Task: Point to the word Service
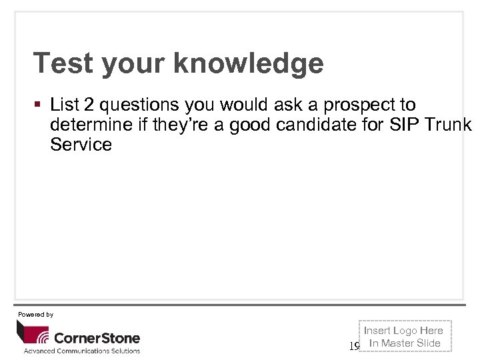[81, 145]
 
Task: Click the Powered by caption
[35, 314]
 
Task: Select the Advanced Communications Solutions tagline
[82, 351]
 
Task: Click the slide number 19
[354, 346]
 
